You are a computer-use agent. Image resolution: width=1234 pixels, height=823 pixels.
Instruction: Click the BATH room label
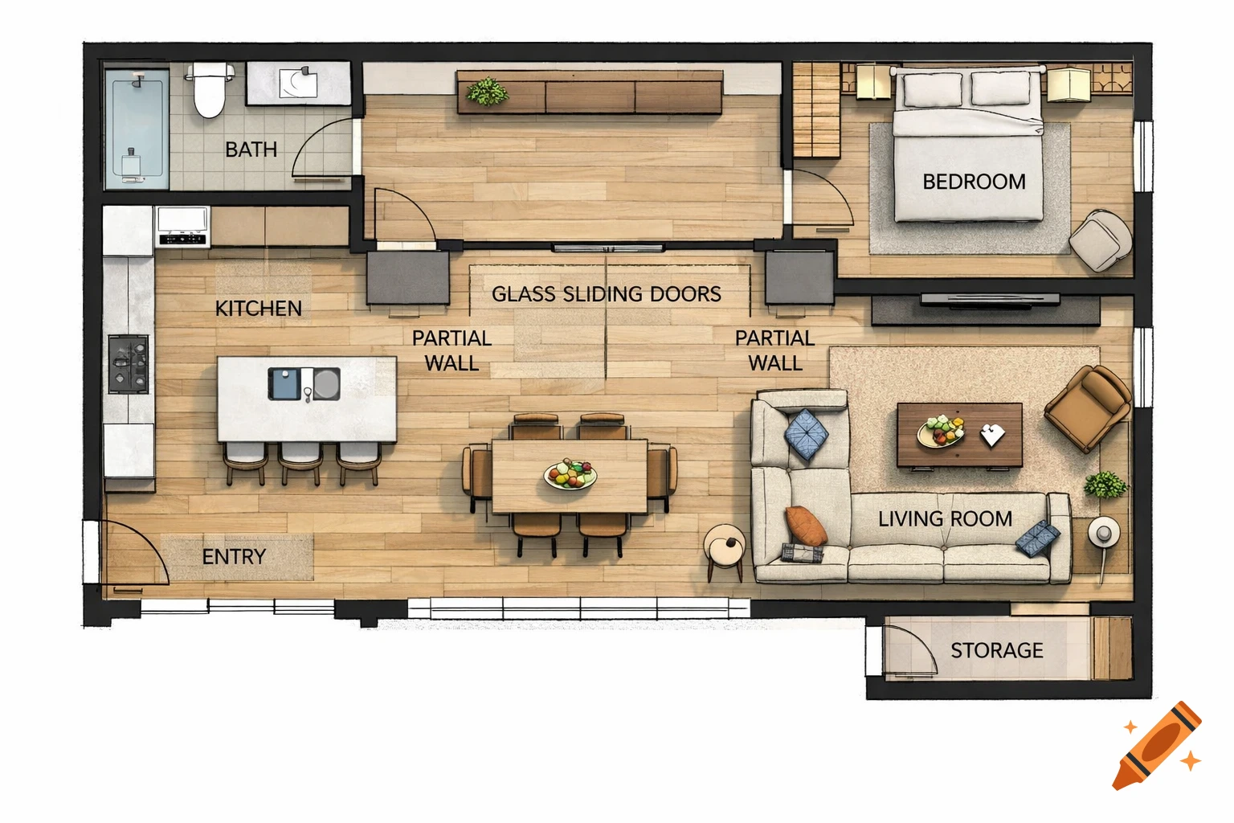251,149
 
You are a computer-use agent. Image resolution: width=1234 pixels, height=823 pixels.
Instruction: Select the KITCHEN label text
258,308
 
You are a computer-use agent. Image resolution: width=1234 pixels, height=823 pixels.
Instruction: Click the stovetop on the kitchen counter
129,364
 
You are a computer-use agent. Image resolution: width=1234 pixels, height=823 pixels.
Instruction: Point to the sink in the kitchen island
303,383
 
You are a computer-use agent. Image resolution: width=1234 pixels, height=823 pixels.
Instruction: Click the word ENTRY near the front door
233,556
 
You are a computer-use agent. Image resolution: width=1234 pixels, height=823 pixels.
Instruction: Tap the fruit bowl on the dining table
570,474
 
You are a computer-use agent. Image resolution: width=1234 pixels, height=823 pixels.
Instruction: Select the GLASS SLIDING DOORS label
606,294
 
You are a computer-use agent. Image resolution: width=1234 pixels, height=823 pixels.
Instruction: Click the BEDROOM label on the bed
974,182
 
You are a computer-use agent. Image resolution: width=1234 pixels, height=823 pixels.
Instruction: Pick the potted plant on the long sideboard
487,92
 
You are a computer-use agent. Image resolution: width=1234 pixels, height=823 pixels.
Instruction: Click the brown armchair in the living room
1088,407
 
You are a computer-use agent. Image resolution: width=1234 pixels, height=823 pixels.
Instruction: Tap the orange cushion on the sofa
805,526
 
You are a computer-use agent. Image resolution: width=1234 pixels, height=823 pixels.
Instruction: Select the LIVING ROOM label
945,518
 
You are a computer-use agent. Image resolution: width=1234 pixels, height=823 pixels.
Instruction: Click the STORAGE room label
996,650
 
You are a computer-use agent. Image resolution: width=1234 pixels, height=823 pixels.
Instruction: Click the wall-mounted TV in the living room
989,301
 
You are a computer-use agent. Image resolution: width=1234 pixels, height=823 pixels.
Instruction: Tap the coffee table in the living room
959,435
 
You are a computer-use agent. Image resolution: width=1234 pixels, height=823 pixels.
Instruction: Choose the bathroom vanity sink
298,83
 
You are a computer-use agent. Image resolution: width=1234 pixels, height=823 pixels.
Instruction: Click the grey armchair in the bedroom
1099,239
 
